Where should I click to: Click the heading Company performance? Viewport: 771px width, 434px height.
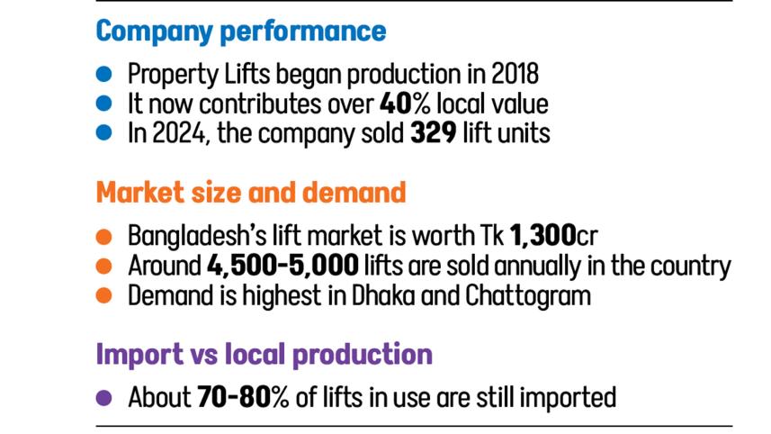click(x=240, y=31)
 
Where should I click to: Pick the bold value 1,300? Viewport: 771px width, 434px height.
click(x=542, y=237)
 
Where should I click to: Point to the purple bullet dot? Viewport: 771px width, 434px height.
click(x=103, y=397)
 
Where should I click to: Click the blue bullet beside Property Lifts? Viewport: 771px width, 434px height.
click(x=103, y=74)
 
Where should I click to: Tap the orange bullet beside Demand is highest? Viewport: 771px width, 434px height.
click(x=103, y=295)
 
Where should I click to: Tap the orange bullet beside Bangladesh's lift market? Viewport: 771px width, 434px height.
click(x=103, y=237)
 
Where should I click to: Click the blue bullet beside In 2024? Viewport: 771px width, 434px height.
click(x=103, y=133)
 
